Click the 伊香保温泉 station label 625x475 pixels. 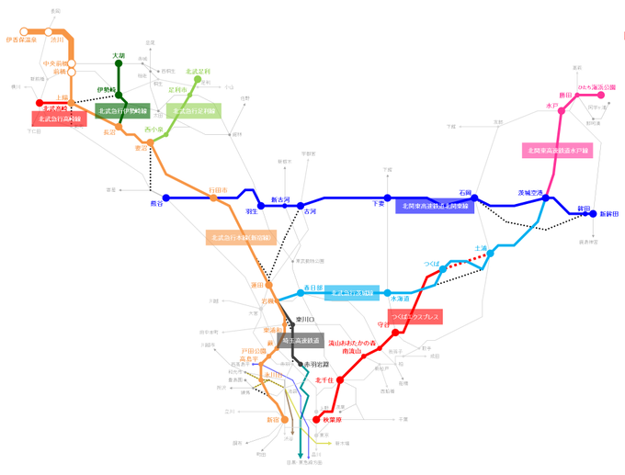coord(20,40)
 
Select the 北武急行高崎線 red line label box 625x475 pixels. coord(60,119)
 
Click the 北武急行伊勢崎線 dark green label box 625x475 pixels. coord(122,111)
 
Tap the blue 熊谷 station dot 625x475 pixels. coord(166,198)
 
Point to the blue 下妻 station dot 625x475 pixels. coord(388,198)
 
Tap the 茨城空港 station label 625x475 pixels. coord(531,192)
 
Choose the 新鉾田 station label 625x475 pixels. coord(609,214)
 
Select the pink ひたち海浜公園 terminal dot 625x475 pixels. coord(611,95)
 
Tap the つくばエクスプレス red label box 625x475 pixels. coord(416,317)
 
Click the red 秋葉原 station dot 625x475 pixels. coord(317,420)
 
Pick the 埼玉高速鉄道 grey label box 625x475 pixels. coord(301,340)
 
